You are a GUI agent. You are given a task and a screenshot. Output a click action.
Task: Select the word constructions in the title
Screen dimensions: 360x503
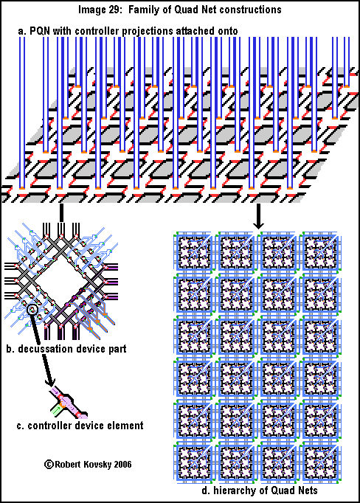point(250,10)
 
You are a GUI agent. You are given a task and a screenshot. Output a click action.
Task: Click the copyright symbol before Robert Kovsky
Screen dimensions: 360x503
point(49,464)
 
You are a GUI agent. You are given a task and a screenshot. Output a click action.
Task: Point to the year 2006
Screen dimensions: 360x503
point(122,464)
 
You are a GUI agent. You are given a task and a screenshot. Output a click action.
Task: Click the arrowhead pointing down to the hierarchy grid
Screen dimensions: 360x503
point(258,224)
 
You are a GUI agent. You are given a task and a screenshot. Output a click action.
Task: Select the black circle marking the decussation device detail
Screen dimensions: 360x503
point(32,310)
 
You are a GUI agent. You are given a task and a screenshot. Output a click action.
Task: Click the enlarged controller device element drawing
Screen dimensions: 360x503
point(69,403)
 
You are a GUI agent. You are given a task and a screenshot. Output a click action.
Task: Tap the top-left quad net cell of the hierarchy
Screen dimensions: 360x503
point(194,252)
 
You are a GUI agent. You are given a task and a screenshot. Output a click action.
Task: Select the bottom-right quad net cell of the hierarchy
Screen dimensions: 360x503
point(320,462)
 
